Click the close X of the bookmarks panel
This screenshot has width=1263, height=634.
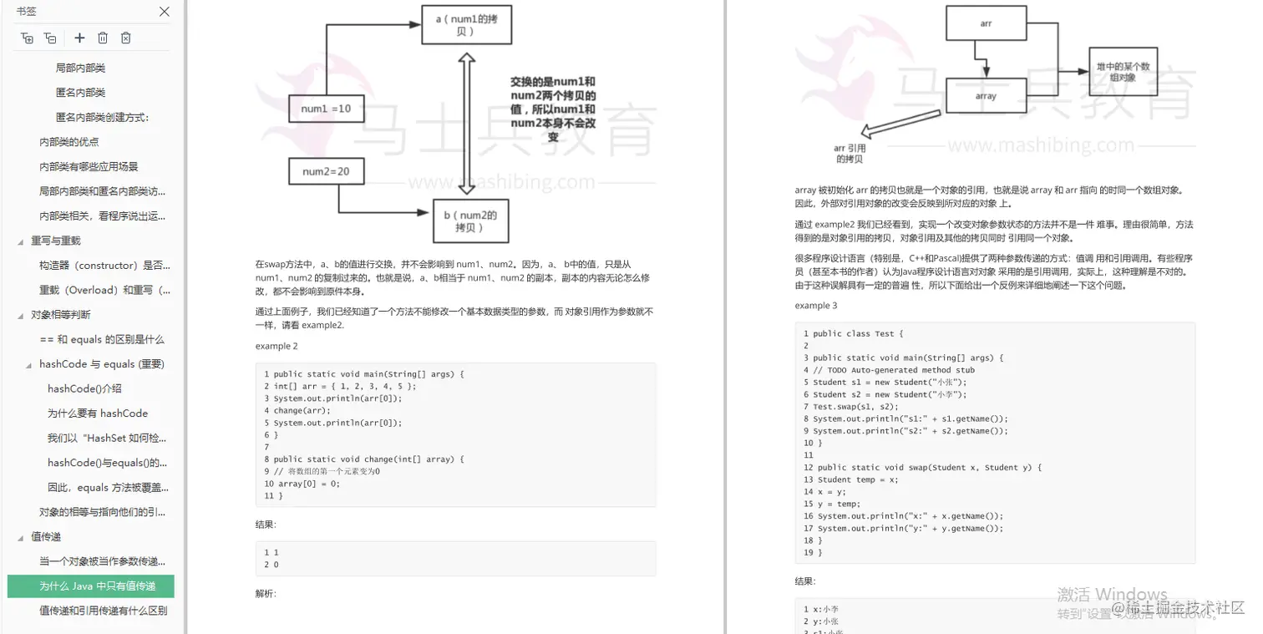(x=165, y=12)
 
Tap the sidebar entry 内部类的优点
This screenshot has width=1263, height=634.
(x=69, y=142)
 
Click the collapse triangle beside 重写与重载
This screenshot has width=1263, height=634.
(x=21, y=241)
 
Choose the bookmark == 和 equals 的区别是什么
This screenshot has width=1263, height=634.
(x=102, y=339)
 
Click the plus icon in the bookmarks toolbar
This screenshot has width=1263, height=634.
(x=79, y=38)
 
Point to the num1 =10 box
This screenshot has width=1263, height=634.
(x=326, y=109)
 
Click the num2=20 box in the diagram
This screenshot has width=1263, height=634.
(x=326, y=172)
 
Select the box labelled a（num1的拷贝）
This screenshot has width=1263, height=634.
(x=466, y=24)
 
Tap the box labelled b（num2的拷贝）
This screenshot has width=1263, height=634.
(x=470, y=221)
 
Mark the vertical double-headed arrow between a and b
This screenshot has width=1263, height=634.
(x=467, y=123)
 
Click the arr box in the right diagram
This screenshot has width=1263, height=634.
(x=986, y=24)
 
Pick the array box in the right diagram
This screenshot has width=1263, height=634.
(x=986, y=96)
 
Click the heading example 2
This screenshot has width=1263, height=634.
(x=276, y=346)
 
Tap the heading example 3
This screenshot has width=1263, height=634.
(x=816, y=306)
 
